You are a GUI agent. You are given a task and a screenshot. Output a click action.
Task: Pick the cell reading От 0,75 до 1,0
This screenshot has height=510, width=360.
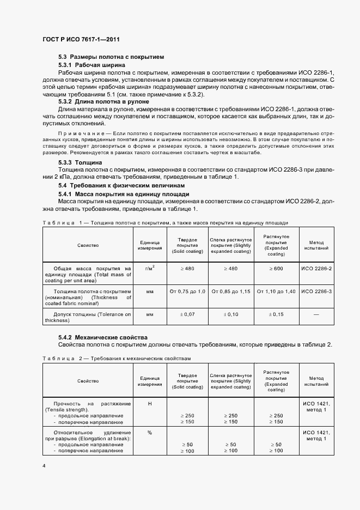pos(187,292)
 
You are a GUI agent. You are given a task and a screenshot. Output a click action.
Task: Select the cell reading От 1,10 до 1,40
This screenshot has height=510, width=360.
pos(276,292)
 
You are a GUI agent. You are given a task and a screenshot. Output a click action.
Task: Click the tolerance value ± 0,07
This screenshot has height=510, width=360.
pos(187,315)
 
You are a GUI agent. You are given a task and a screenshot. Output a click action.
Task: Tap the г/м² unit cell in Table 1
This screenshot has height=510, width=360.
pos(150,268)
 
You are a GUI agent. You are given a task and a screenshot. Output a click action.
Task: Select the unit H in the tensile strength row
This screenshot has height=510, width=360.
pos(150,404)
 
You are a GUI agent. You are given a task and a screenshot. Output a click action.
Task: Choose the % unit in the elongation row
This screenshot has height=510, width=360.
pos(150,432)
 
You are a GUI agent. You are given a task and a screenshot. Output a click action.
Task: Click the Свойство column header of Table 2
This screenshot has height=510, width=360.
pos(88,381)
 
